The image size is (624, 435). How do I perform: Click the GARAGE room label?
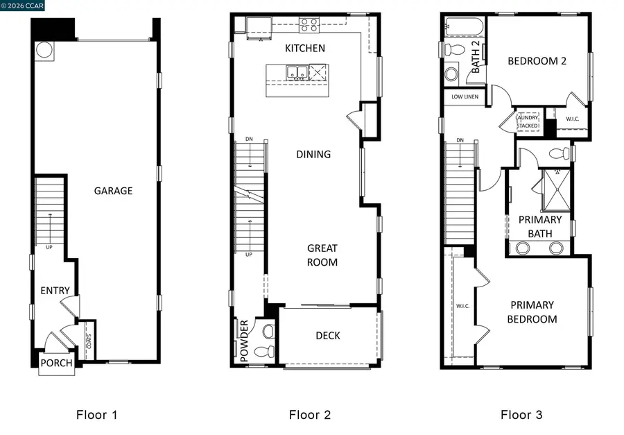113,191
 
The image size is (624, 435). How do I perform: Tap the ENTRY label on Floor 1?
55,290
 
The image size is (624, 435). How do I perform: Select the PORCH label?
55,363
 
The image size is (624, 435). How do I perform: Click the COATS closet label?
88,341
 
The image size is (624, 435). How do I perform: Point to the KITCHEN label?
305,49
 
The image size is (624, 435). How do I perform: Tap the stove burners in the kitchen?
309,25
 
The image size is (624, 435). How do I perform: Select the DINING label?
313,154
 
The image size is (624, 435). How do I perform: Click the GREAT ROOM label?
322,255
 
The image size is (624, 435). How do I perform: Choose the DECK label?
328,336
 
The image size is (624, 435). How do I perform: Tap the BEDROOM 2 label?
537,61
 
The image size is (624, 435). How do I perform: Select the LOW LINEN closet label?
465,97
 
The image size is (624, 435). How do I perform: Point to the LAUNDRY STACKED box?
527,121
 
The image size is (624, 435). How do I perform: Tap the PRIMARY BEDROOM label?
532,312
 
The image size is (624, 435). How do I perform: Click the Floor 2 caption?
310,415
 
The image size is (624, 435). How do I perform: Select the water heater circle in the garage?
44,50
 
